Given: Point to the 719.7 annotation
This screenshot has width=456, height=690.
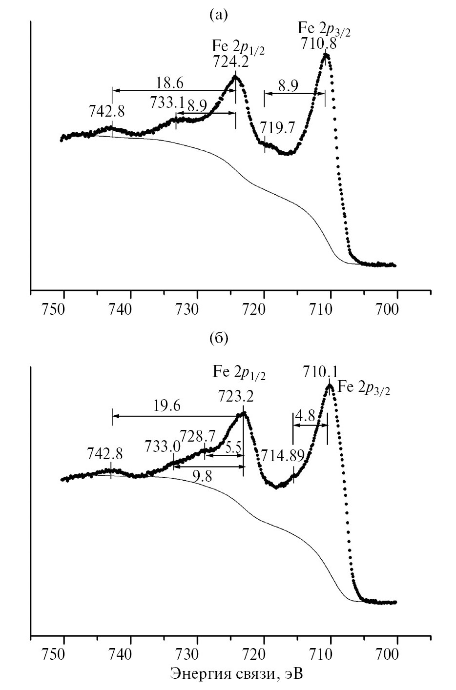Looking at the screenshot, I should [x=277, y=128].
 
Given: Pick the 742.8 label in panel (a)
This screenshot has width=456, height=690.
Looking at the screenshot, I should [x=106, y=112].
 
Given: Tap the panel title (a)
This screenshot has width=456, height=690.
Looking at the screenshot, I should [x=218, y=16].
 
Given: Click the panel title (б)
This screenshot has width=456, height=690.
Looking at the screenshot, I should [x=218, y=338].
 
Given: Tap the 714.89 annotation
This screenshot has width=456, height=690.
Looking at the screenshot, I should [x=282, y=456].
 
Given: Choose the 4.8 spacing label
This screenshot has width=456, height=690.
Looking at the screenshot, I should [x=307, y=417].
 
